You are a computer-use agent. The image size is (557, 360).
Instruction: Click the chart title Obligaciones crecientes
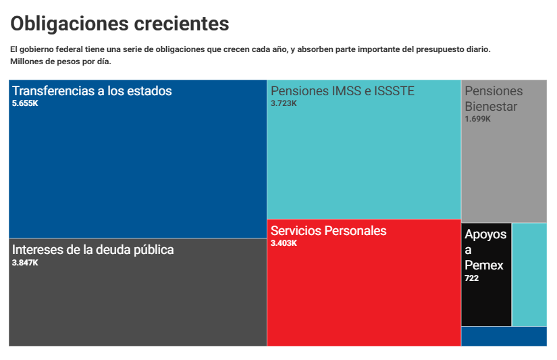(120, 24)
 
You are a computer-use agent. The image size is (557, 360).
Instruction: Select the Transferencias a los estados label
(92, 91)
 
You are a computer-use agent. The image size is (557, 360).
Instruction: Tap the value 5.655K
(25, 103)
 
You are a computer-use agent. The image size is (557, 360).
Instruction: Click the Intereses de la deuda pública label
(92, 249)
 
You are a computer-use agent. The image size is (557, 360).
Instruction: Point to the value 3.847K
(25, 262)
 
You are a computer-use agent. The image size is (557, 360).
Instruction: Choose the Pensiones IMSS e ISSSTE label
(342, 91)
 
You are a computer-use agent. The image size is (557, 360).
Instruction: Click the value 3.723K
(284, 103)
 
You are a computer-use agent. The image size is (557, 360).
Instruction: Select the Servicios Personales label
(328, 230)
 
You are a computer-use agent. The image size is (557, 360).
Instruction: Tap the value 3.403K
(284, 243)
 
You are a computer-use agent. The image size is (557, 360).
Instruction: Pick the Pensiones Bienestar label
(494, 99)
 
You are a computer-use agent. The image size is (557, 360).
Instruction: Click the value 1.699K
(477, 119)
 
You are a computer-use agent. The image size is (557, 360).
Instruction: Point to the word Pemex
(484, 265)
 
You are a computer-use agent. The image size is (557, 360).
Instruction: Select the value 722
(471, 278)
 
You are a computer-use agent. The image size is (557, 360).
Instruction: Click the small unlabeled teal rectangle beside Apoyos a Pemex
(529, 274)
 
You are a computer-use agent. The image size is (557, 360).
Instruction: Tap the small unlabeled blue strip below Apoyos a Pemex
(504, 336)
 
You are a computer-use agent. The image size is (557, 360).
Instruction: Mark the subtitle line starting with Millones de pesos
(61, 61)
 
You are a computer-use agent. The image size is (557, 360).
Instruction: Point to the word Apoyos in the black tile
(485, 234)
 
